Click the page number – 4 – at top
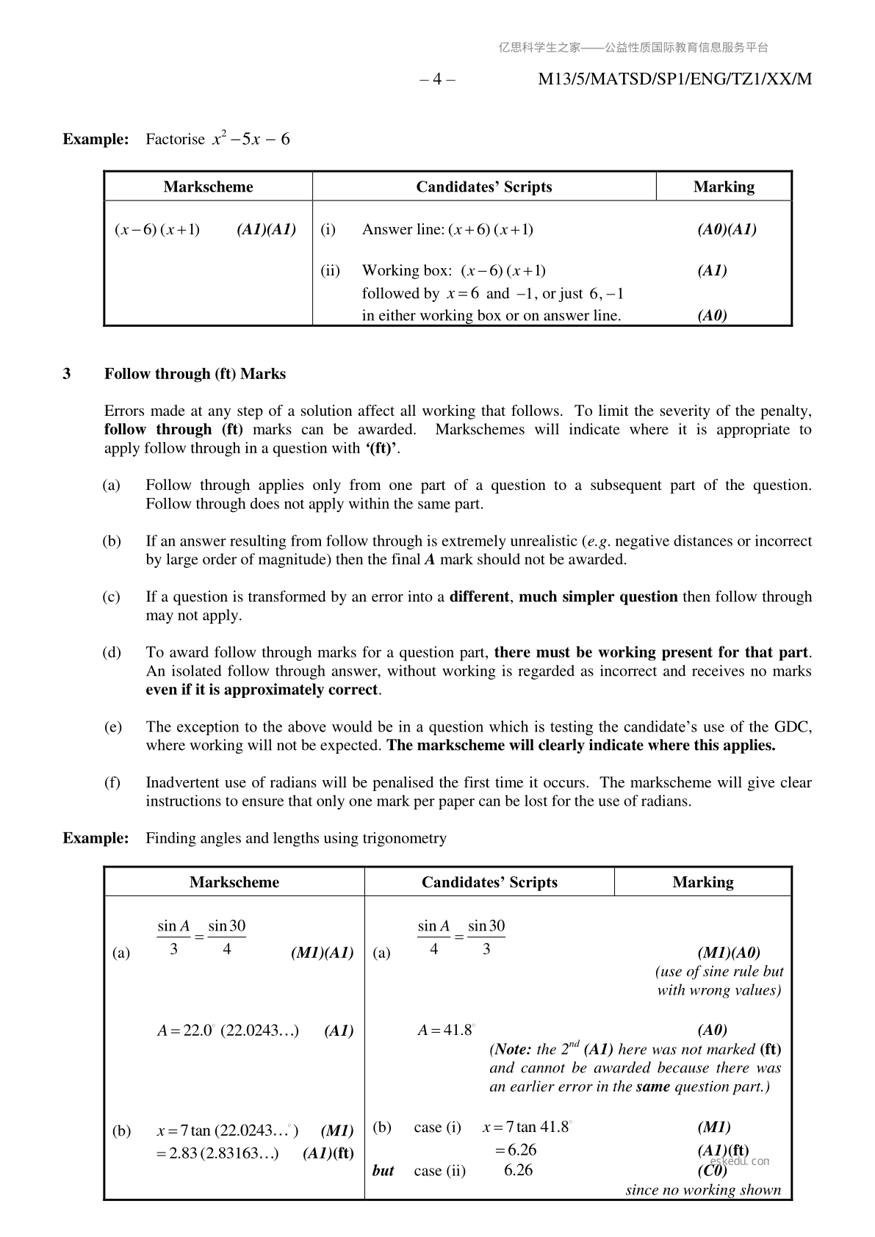[x=437, y=79]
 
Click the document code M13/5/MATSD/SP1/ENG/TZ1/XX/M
[x=674, y=79]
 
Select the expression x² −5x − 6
[x=251, y=139]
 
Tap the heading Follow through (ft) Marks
[x=195, y=374]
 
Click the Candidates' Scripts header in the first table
[x=483, y=187]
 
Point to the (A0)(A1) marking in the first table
[x=727, y=229]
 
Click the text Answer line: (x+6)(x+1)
[x=447, y=229]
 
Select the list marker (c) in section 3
[x=111, y=596]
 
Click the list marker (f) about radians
[x=112, y=782]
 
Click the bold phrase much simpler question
[x=598, y=596]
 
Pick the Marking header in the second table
[x=702, y=882]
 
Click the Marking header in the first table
[x=724, y=187]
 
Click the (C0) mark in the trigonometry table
[x=712, y=1171]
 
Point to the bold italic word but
[x=383, y=1171]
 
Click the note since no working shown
[x=703, y=1190]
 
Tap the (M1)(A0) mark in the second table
[x=729, y=953]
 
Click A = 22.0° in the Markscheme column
[x=185, y=1031]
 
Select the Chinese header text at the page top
[x=633, y=48]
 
